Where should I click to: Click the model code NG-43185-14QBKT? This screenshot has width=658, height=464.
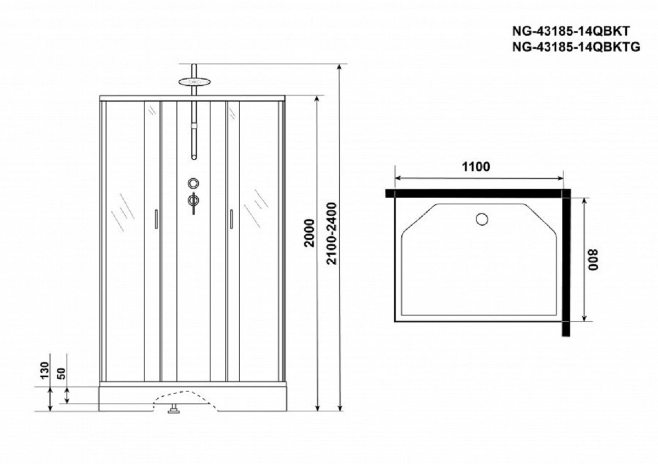pyautogui.click(x=571, y=32)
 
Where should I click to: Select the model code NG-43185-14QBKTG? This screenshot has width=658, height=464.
pyautogui.click(x=576, y=47)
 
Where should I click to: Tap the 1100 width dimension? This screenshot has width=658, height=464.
pyautogui.click(x=476, y=167)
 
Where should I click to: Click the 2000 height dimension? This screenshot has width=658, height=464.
pyautogui.click(x=309, y=233)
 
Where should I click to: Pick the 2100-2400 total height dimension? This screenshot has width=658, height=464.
pyautogui.click(x=331, y=233)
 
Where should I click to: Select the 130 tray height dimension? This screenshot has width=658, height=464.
pyautogui.click(x=45, y=370)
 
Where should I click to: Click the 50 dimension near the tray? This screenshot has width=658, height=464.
pyautogui.click(x=62, y=373)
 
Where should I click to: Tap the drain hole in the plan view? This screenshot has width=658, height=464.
pyautogui.click(x=482, y=219)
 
